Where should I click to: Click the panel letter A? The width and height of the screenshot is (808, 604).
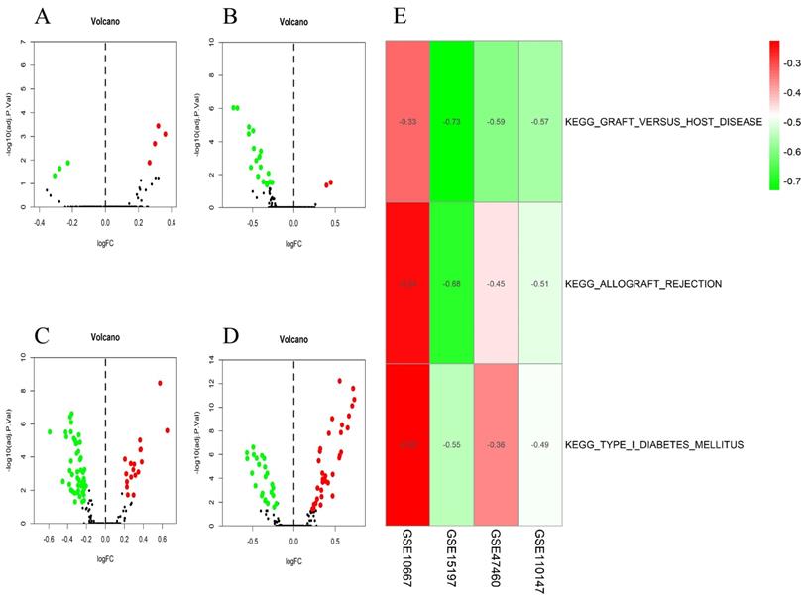click(x=43, y=17)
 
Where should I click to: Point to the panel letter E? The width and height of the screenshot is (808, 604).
click(x=399, y=17)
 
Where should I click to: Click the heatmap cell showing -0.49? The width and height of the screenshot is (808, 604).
click(x=541, y=444)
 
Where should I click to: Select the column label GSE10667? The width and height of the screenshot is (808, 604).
click(x=407, y=556)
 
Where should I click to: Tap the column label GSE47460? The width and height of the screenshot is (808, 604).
click(x=497, y=556)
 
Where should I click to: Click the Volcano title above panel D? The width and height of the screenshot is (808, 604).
click(x=294, y=341)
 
